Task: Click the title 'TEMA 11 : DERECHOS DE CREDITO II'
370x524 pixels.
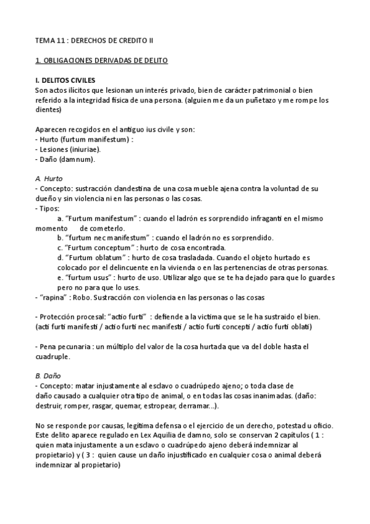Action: (94, 41)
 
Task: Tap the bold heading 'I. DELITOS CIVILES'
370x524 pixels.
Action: (65, 81)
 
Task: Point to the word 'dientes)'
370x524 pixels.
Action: (49, 110)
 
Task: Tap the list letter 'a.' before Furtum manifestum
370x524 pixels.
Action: (60, 218)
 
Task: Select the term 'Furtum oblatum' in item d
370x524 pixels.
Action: (96, 257)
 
